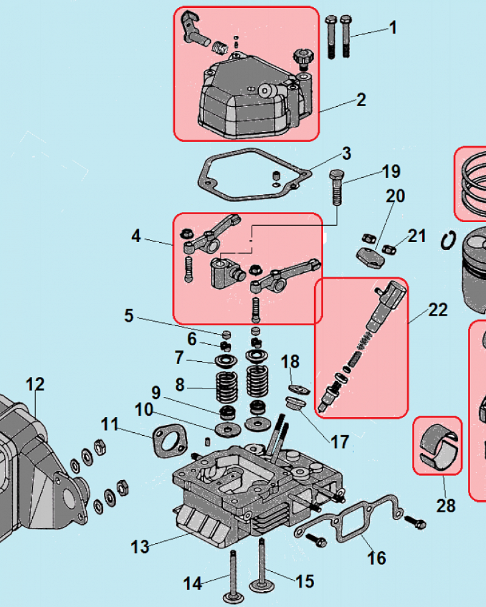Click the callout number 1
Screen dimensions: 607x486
(393, 27)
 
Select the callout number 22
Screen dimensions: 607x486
(437, 310)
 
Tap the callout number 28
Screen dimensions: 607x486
(446, 505)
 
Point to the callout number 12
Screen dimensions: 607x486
(35, 384)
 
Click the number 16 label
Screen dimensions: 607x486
(377, 557)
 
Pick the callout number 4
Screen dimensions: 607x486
(136, 236)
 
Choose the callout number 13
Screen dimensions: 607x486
(140, 546)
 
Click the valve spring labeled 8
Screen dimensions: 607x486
(225, 388)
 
